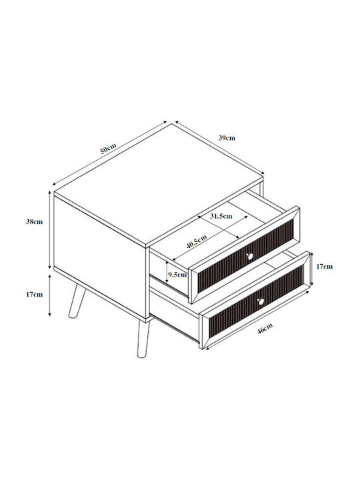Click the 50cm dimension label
[108, 148]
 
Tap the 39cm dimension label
[227, 138]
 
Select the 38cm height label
[34, 221]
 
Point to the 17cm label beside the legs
[34, 295]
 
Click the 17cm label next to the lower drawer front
[324, 267]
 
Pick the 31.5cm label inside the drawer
[221, 216]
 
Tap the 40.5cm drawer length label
[197, 241]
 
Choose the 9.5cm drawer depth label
[177, 275]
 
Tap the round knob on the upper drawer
[250, 256]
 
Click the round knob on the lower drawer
[261, 302]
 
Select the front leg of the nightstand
[143, 339]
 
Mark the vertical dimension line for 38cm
[50, 229]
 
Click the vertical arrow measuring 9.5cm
[167, 272]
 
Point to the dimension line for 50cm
[109, 153]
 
